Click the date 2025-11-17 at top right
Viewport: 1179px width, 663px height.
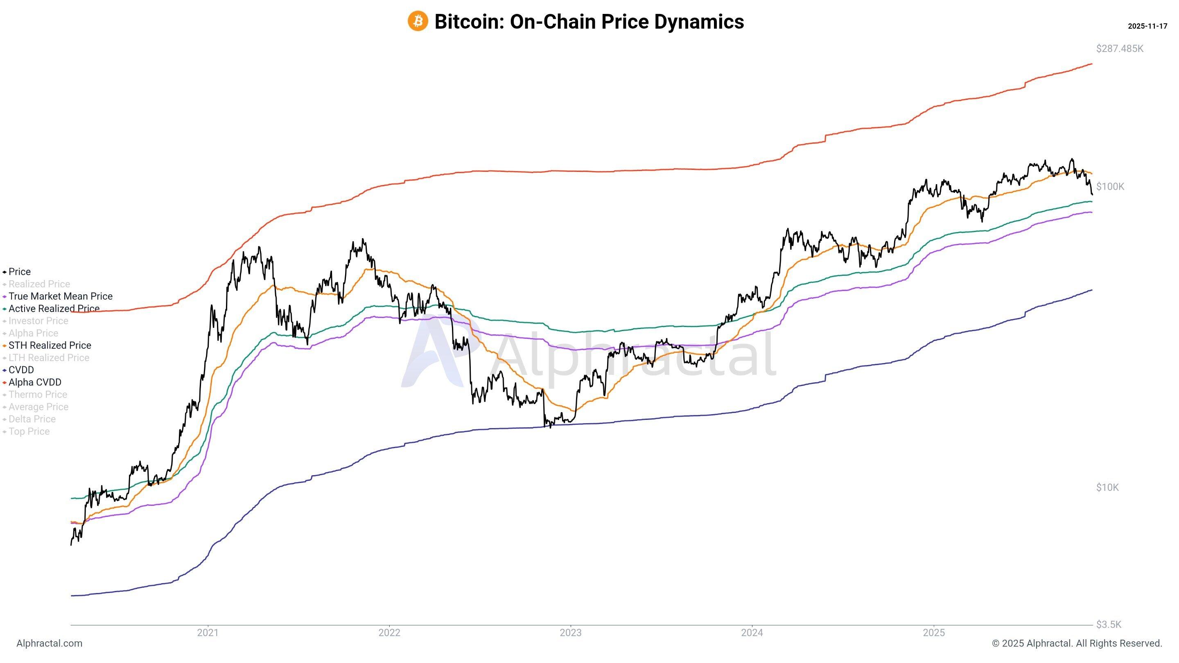[x=1147, y=26]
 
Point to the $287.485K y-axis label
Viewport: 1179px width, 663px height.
[x=1120, y=49]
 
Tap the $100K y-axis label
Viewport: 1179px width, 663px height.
[x=1110, y=186]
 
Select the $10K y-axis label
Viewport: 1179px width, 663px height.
[x=1107, y=487]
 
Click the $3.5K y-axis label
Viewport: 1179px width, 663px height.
[x=1109, y=625]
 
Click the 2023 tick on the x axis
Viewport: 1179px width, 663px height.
[x=571, y=633]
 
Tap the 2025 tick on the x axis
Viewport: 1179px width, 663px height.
[x=934, y=633]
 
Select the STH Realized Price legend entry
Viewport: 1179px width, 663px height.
[x=50, y=345]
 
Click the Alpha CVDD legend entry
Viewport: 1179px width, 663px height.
[x=35, y=382]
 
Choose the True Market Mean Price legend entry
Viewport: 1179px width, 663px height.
[x=60, y=296]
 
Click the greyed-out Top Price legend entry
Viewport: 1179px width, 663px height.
[x=29, y=431]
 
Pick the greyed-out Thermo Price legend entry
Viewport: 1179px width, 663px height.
[x=38, y=395]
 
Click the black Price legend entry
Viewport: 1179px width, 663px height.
[x=19, y=272]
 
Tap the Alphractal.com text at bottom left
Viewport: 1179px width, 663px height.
[x=50, y=643]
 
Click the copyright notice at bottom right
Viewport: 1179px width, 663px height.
[x=1077, y=643]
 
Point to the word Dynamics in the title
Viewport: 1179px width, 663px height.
[x=699, y=22]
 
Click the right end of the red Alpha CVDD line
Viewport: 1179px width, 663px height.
[x=1091, y=63]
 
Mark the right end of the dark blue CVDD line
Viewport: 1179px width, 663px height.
[x=1091, y=290]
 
